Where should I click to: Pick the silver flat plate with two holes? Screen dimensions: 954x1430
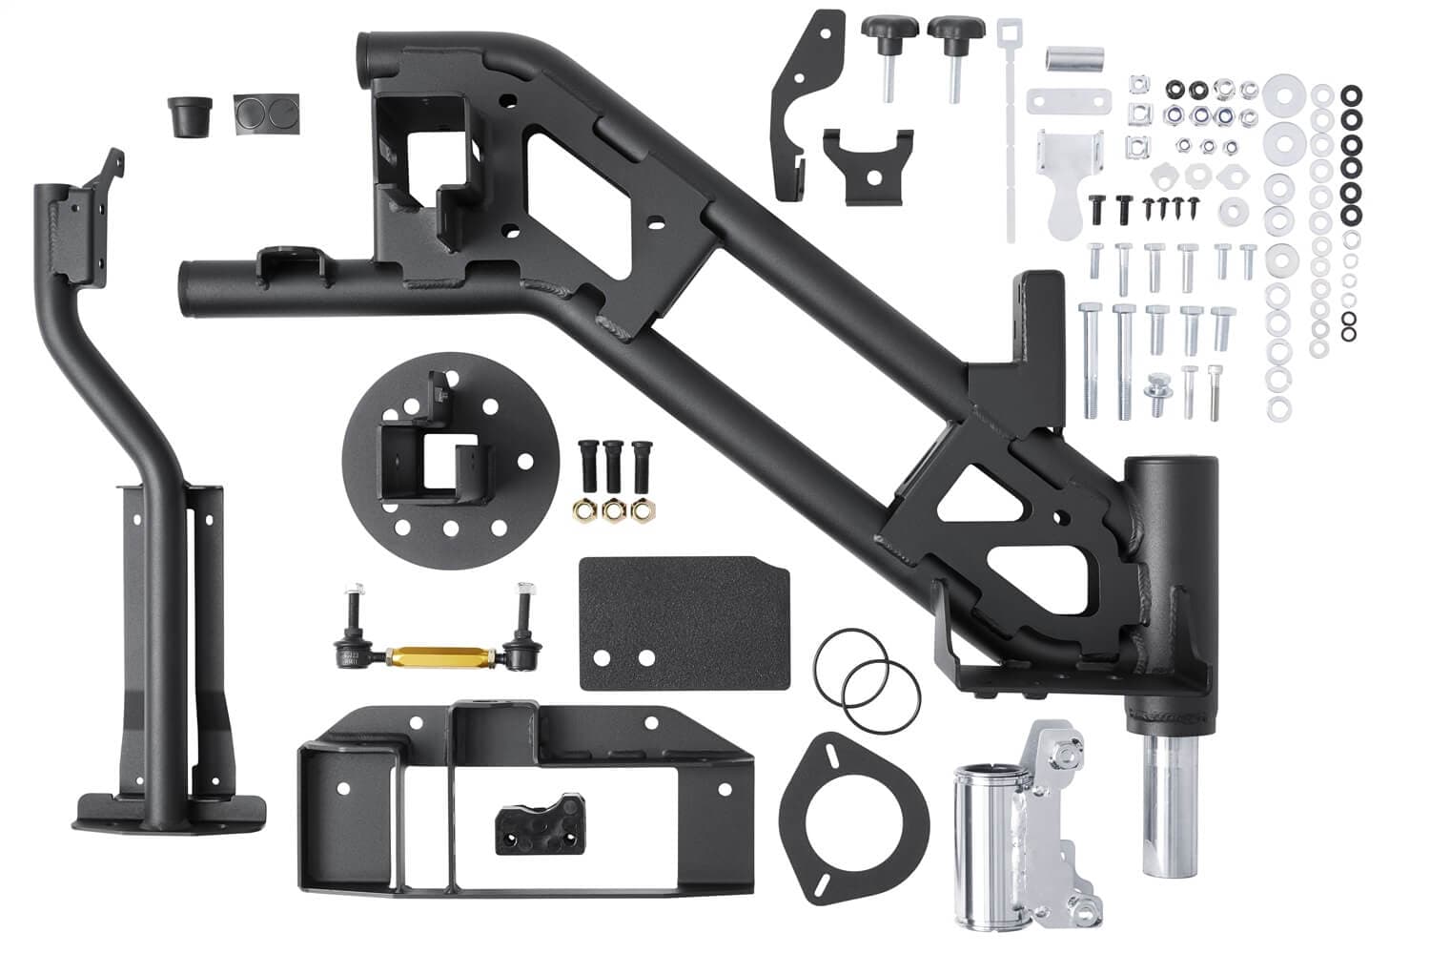(1070, 99)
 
